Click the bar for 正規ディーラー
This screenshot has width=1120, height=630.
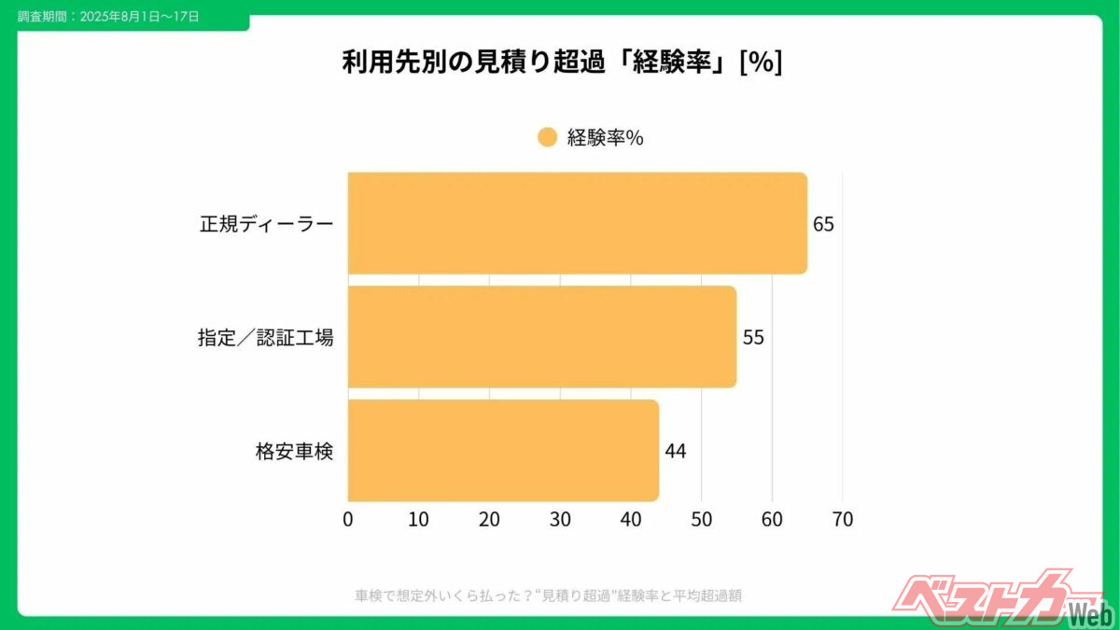click(x=577, y=223)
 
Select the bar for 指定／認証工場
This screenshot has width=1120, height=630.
click(x=541, y=337)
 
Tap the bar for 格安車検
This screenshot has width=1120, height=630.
click(x=503, y=451)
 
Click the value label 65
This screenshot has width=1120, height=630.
click(x=823, y=225)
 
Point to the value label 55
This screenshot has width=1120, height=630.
click(x=753, y=338)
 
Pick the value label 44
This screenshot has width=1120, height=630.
click(x=676, y=452)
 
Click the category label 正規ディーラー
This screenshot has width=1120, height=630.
click(x=266, y=225)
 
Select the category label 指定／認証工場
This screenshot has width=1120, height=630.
click(x=266, y=338)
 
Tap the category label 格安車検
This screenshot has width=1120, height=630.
click(x=294, y=452)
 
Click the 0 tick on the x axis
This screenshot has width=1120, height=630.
click(x=348, y=520)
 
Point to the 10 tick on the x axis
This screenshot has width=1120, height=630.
click(x=418, y=520)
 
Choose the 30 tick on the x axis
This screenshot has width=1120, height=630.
click(x=560, y=520)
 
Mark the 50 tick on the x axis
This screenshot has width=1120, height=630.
click(x=701, y=520)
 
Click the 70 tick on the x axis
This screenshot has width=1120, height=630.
click(x=842, y=520)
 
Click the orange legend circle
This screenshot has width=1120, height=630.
click(x=548, y=137)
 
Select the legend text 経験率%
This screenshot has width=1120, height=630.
click(x=606, y=138)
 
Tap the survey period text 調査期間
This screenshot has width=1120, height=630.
click(x=107, y=17)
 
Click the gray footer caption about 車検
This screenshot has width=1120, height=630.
click(x=549, y=595)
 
